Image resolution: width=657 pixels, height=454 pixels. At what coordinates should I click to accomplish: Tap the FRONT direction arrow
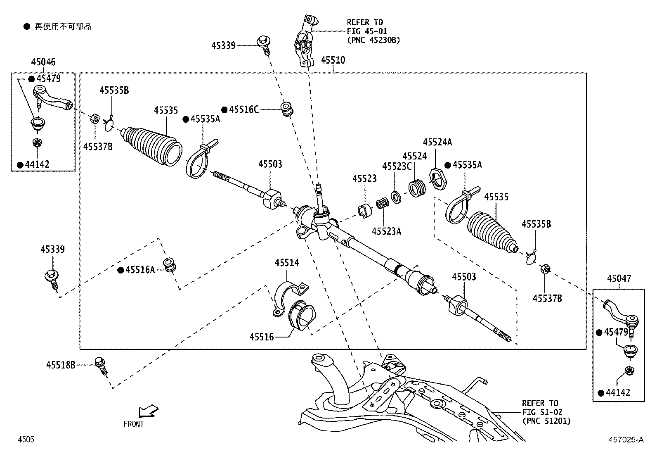coord(148,411)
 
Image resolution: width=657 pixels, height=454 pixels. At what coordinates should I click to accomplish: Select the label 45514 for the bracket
coord(287,263)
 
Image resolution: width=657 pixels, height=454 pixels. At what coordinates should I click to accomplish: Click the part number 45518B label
coord(61,365)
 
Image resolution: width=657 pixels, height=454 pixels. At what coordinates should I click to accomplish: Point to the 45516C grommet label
coord(243,109)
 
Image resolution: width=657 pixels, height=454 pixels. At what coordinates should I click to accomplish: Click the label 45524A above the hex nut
coord(437,142)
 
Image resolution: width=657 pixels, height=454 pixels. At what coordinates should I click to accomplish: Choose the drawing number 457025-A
coord(625,440)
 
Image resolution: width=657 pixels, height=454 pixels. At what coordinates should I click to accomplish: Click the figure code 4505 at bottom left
coord(26,440)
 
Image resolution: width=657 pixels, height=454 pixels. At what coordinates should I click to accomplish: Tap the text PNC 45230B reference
coord(373,40)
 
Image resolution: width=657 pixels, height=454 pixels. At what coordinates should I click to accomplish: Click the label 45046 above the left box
coord(43,62)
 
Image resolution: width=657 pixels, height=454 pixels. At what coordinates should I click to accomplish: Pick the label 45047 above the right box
coord(619,279)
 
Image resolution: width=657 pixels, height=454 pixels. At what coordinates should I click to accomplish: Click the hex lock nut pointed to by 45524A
coord(438,179)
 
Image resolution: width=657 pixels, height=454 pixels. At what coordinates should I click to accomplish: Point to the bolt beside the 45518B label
coord(101,366)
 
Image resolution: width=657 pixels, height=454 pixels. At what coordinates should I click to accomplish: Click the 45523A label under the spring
coord(386,231)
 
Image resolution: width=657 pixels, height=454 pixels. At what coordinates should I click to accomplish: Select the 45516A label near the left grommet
coord(140,270)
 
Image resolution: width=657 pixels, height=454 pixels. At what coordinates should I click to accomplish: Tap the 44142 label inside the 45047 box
coord(618,392)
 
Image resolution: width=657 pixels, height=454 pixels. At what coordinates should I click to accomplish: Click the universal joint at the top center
coord(305,41)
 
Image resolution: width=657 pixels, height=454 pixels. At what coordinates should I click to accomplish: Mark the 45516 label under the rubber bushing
coord(261,337)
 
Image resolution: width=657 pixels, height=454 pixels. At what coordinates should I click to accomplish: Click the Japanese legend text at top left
coord(62,27)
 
